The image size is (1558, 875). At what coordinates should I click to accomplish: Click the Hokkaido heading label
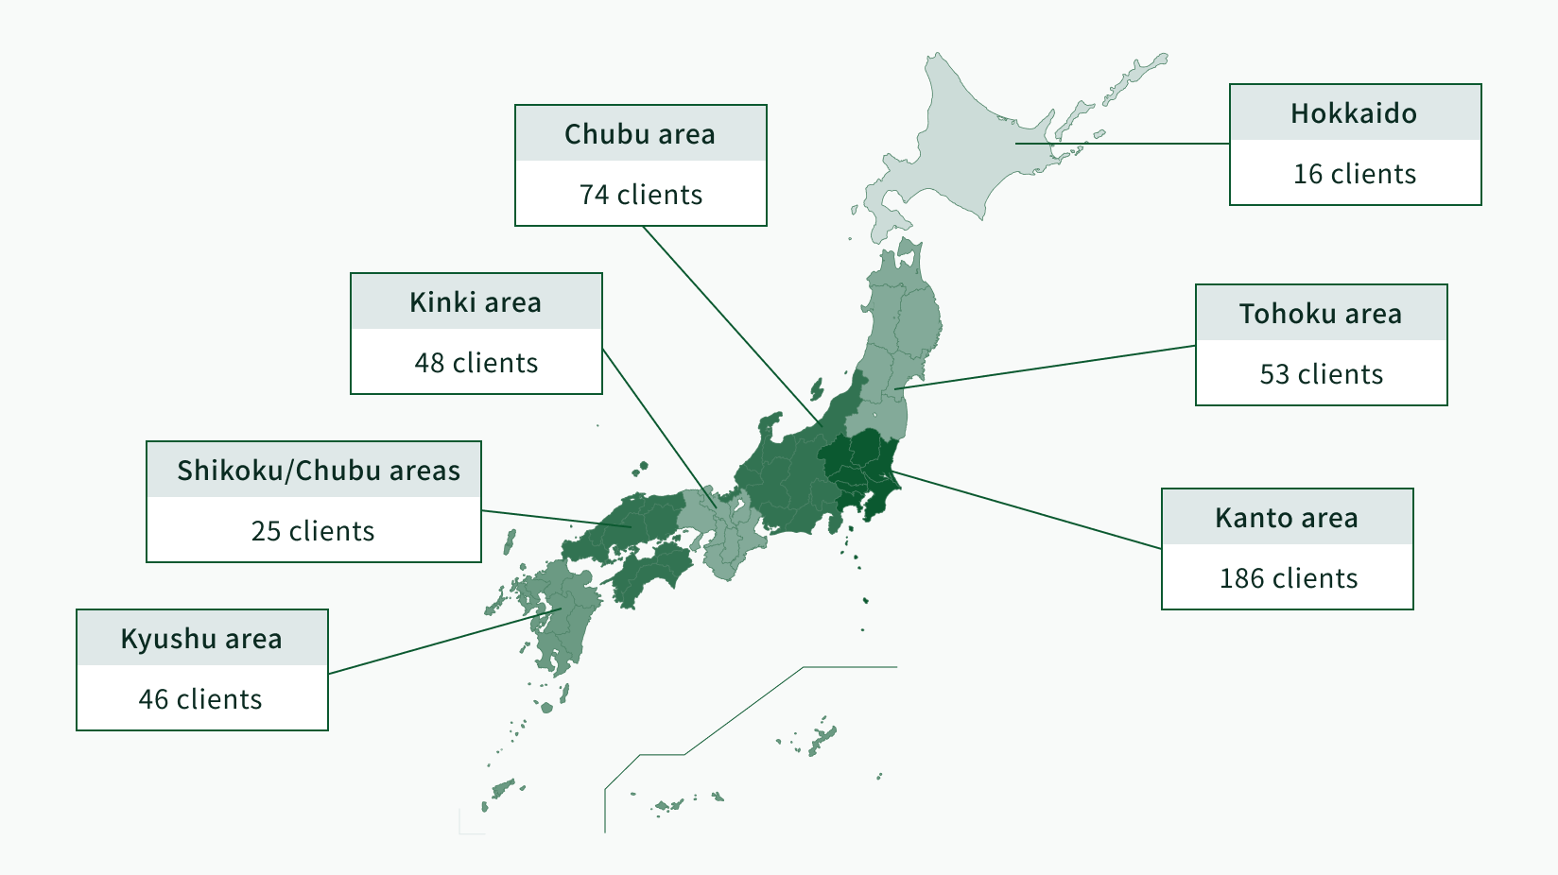point(1354,113)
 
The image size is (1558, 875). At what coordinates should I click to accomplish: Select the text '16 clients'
point(1354,174)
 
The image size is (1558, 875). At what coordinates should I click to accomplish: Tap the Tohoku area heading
point(1320,314)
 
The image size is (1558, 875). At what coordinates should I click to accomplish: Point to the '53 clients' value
point(1321,374)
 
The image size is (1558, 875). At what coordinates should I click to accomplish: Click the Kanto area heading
point(1286,518)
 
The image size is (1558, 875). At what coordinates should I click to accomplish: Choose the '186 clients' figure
point(1289,578)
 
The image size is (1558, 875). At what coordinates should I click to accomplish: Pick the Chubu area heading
point(639,134)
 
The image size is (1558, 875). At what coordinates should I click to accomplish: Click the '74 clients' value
point(641,195)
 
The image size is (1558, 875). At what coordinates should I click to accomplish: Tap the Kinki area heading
point(475,302)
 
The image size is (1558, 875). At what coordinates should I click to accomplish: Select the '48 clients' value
point(476,363)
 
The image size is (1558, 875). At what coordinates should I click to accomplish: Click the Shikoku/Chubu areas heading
point(319,471)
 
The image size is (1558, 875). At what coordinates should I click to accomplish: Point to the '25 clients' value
point(312,531)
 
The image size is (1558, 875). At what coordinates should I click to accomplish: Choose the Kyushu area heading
point(201,639)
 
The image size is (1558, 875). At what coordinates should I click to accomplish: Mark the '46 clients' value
point(200,699)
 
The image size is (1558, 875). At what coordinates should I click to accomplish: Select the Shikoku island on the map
point(650,574)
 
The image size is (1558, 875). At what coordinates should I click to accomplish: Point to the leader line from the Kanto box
point(1028,510)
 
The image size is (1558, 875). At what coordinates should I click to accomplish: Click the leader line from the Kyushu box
point(444,642)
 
